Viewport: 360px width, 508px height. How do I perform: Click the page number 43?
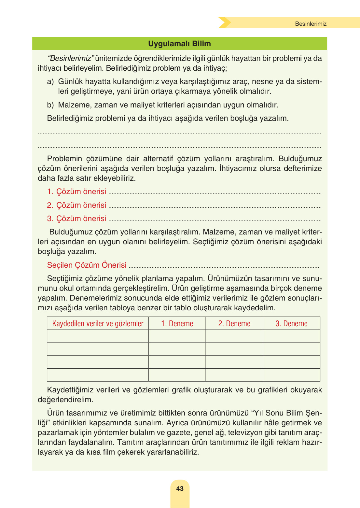pyautogui.click(x=180, y=488)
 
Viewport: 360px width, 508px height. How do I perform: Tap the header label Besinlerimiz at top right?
pyautogui.click(x=311, y=24)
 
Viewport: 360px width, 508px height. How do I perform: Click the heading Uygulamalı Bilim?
pyautogui.click(x=179, y=44)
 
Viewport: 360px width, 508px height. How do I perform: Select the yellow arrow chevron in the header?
pyautogui.click(x=224, y=23)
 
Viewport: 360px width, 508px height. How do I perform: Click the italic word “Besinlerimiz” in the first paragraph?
pyautogui.click(x=71, y=59)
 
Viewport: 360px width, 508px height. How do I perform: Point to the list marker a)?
pyautogui.click(x=50, y=82)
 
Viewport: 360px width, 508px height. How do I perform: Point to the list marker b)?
pyautogui.click(x=50, y=105)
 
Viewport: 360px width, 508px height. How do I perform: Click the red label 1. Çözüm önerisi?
pyautogui.click(x=76, y=191)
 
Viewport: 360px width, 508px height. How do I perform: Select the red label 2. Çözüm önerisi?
pyautogui.click(x=76, y=205)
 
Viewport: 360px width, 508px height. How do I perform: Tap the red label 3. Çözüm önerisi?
pyautogui.click(x=76, y=219)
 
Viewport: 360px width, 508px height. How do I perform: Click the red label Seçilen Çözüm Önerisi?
pyautogui.click(x=87, y=265)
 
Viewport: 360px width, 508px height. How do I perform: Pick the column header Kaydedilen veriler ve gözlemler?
pyautogui.click(x=98, y=324)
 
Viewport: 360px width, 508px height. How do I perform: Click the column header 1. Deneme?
pyautogui.click(x=177, y=324)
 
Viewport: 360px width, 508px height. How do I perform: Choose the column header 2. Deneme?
pyautogui.click(x=234, y=324)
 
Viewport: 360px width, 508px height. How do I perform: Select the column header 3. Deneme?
pyautogui.click(x=291, y=324)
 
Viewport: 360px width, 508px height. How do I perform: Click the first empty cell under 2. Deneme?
pyautogui.click(x=234, y=336)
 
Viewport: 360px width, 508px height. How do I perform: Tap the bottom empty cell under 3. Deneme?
pyautogui.click(x=291, y=375)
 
